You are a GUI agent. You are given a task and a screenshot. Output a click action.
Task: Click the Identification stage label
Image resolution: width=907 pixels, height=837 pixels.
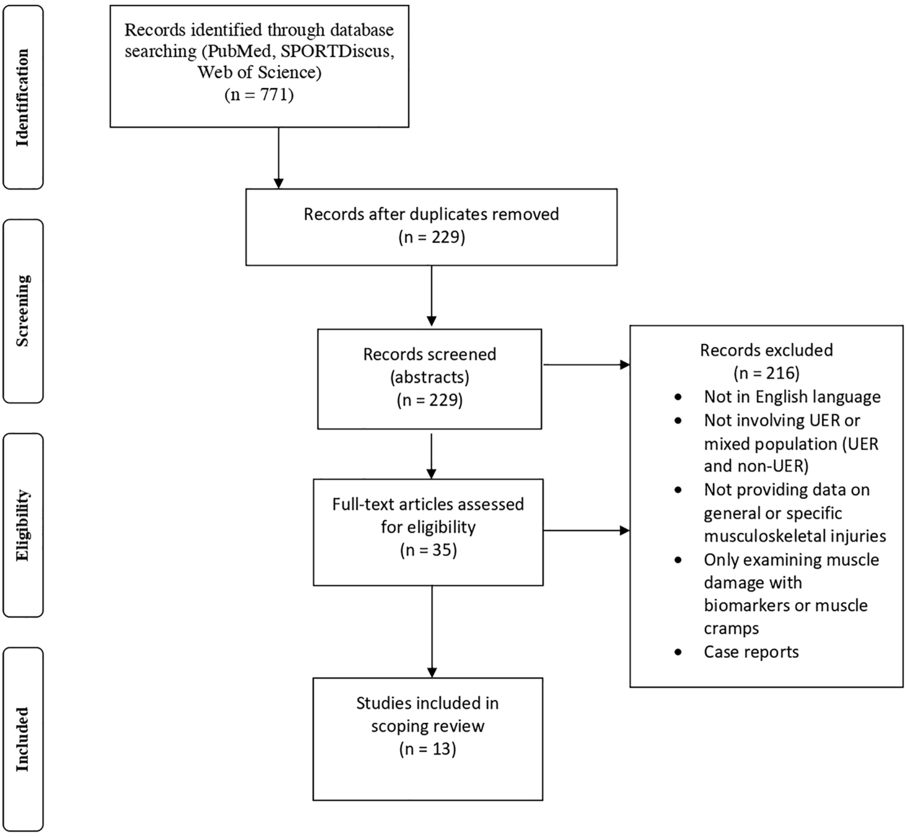22,98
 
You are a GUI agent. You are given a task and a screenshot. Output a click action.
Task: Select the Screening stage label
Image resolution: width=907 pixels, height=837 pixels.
22,311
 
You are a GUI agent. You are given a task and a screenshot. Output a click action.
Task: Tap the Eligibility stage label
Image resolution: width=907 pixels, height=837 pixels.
22,525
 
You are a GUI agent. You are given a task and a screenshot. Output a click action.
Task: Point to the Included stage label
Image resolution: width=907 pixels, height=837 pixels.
22,739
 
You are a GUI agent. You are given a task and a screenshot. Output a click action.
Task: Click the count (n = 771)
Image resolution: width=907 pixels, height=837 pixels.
259,95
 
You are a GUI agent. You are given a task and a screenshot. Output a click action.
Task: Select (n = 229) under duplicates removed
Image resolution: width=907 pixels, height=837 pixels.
432,237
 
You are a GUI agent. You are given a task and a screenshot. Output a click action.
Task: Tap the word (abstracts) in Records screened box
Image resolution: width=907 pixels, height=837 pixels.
430,377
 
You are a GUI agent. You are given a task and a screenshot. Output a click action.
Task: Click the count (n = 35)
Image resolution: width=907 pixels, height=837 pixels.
428,550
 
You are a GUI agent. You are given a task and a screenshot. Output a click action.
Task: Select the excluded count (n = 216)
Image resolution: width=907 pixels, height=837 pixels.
767,373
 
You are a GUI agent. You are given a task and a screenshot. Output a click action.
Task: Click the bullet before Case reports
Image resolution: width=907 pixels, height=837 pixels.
678,652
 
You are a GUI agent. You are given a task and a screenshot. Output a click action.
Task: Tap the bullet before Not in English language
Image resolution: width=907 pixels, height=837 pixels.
678,397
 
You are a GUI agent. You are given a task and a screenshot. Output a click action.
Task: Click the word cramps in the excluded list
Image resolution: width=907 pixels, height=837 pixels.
731,628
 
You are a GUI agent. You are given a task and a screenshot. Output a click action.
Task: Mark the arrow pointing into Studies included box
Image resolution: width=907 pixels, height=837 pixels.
432,634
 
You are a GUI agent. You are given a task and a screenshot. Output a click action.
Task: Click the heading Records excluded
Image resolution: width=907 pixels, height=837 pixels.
767,350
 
